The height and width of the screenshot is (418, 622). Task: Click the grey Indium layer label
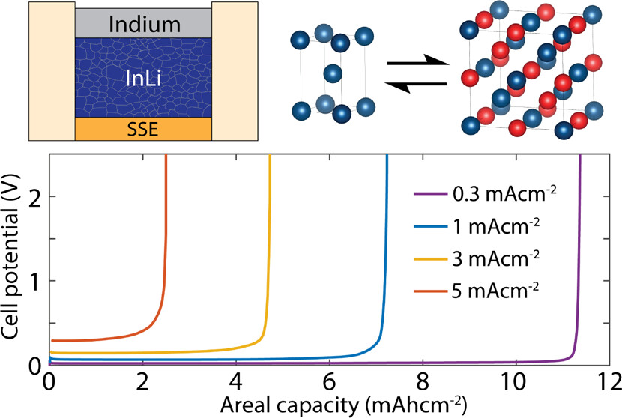click(x=144, y=25)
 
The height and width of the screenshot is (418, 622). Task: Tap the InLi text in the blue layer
click(x=144, y=77)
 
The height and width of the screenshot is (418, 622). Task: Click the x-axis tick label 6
click(x=330, y=381)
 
